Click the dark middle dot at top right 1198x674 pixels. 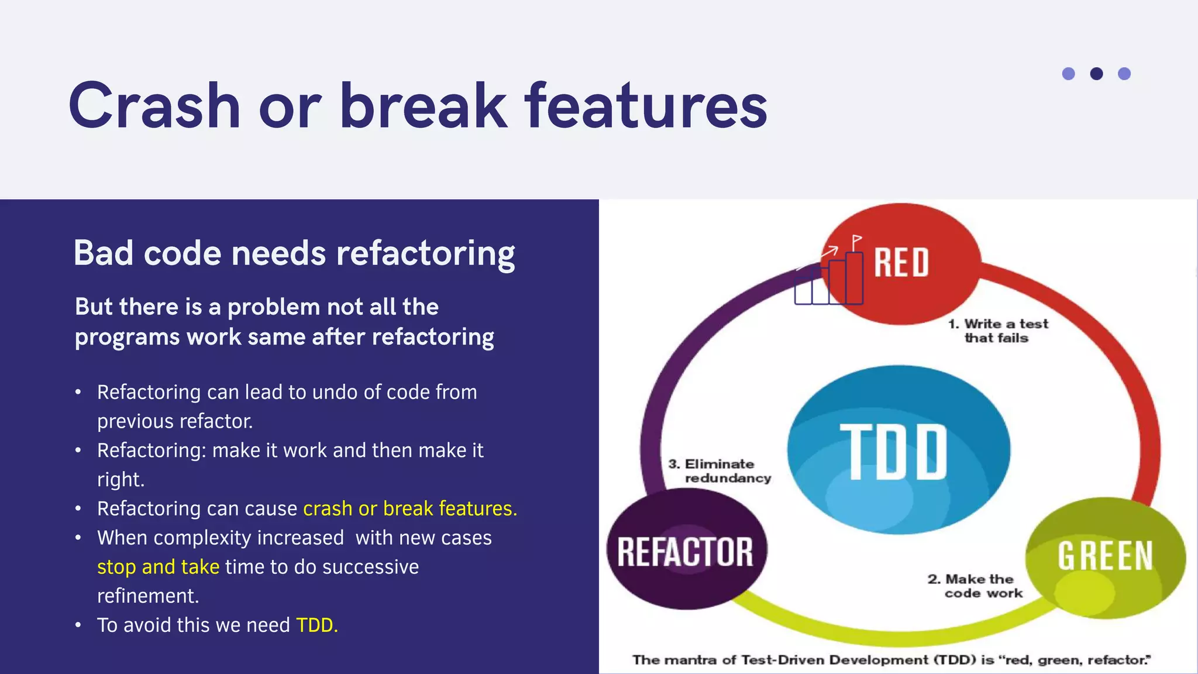[x=1096, y=74]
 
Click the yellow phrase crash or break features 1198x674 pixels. [x=409, y=508]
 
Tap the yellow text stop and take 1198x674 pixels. [x=158, y=567]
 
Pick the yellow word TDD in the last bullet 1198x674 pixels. [x=316, y=625]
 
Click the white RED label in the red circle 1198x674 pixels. [x=901, y=262]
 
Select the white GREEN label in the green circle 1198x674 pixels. [x=1104, y=555]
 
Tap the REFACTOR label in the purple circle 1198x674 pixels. [x=685, y=552]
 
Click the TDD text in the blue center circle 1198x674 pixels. [x=894, y=451]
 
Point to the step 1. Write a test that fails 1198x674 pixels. [x=998, y=331]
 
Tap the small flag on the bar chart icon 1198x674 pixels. [x=857, y=240]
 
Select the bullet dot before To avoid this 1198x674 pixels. [x=78, y=625]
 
